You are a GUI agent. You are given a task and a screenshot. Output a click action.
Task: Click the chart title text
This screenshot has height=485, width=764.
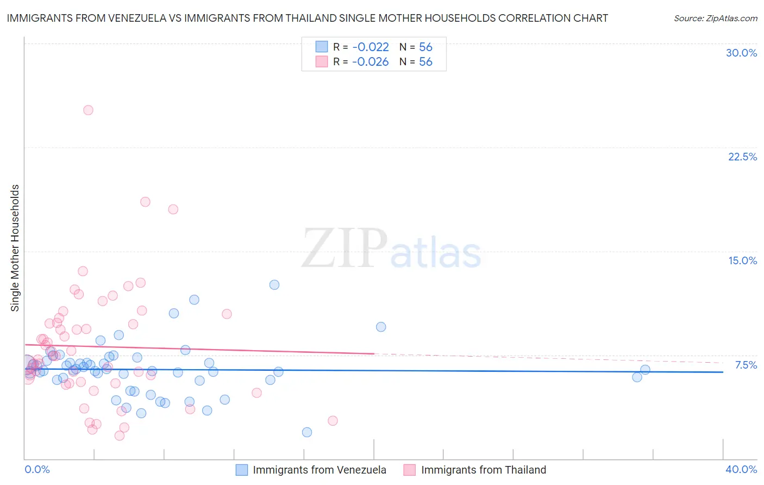307,18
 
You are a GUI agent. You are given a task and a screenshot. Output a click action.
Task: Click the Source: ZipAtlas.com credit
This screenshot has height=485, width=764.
715,18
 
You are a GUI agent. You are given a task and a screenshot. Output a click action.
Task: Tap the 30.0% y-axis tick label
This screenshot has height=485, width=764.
741,53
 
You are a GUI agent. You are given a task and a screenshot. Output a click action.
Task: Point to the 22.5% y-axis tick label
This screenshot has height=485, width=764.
742,157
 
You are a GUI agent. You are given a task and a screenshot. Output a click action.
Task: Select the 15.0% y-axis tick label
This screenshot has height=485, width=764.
742,260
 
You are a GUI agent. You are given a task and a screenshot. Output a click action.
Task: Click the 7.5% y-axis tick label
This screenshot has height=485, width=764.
746,365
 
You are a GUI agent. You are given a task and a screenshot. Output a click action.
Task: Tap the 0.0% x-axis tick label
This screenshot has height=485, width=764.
37,469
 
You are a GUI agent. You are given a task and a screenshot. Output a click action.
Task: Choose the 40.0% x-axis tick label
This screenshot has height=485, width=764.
741,469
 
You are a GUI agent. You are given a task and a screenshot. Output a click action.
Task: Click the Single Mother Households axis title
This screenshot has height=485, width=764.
15,248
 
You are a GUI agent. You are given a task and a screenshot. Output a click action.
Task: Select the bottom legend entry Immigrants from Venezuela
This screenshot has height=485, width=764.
319,470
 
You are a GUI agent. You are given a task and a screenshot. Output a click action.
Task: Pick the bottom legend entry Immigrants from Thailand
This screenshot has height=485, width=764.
483,470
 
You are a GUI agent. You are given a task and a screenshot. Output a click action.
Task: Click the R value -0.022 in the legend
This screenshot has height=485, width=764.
370,47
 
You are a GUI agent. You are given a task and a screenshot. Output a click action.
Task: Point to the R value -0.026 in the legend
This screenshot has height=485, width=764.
370,62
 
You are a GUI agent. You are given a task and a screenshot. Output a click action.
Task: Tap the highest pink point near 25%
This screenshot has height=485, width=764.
88,110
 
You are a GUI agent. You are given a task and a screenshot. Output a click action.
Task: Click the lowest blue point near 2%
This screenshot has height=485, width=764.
307,432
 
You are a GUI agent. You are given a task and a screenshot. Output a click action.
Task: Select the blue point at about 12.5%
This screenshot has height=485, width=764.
274,285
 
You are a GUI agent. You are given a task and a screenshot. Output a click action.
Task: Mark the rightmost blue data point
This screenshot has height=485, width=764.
645,370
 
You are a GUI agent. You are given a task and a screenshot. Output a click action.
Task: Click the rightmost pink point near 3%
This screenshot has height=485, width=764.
333,421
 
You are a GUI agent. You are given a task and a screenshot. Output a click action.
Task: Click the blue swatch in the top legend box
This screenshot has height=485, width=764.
322,47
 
